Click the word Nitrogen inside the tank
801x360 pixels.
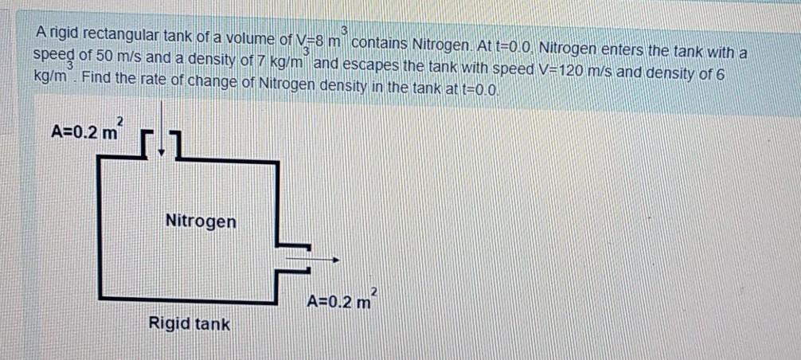click(201, 221)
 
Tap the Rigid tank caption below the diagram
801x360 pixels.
click(189, 324)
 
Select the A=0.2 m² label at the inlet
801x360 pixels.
click(87, 129)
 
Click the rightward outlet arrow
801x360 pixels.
click(315, 259)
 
